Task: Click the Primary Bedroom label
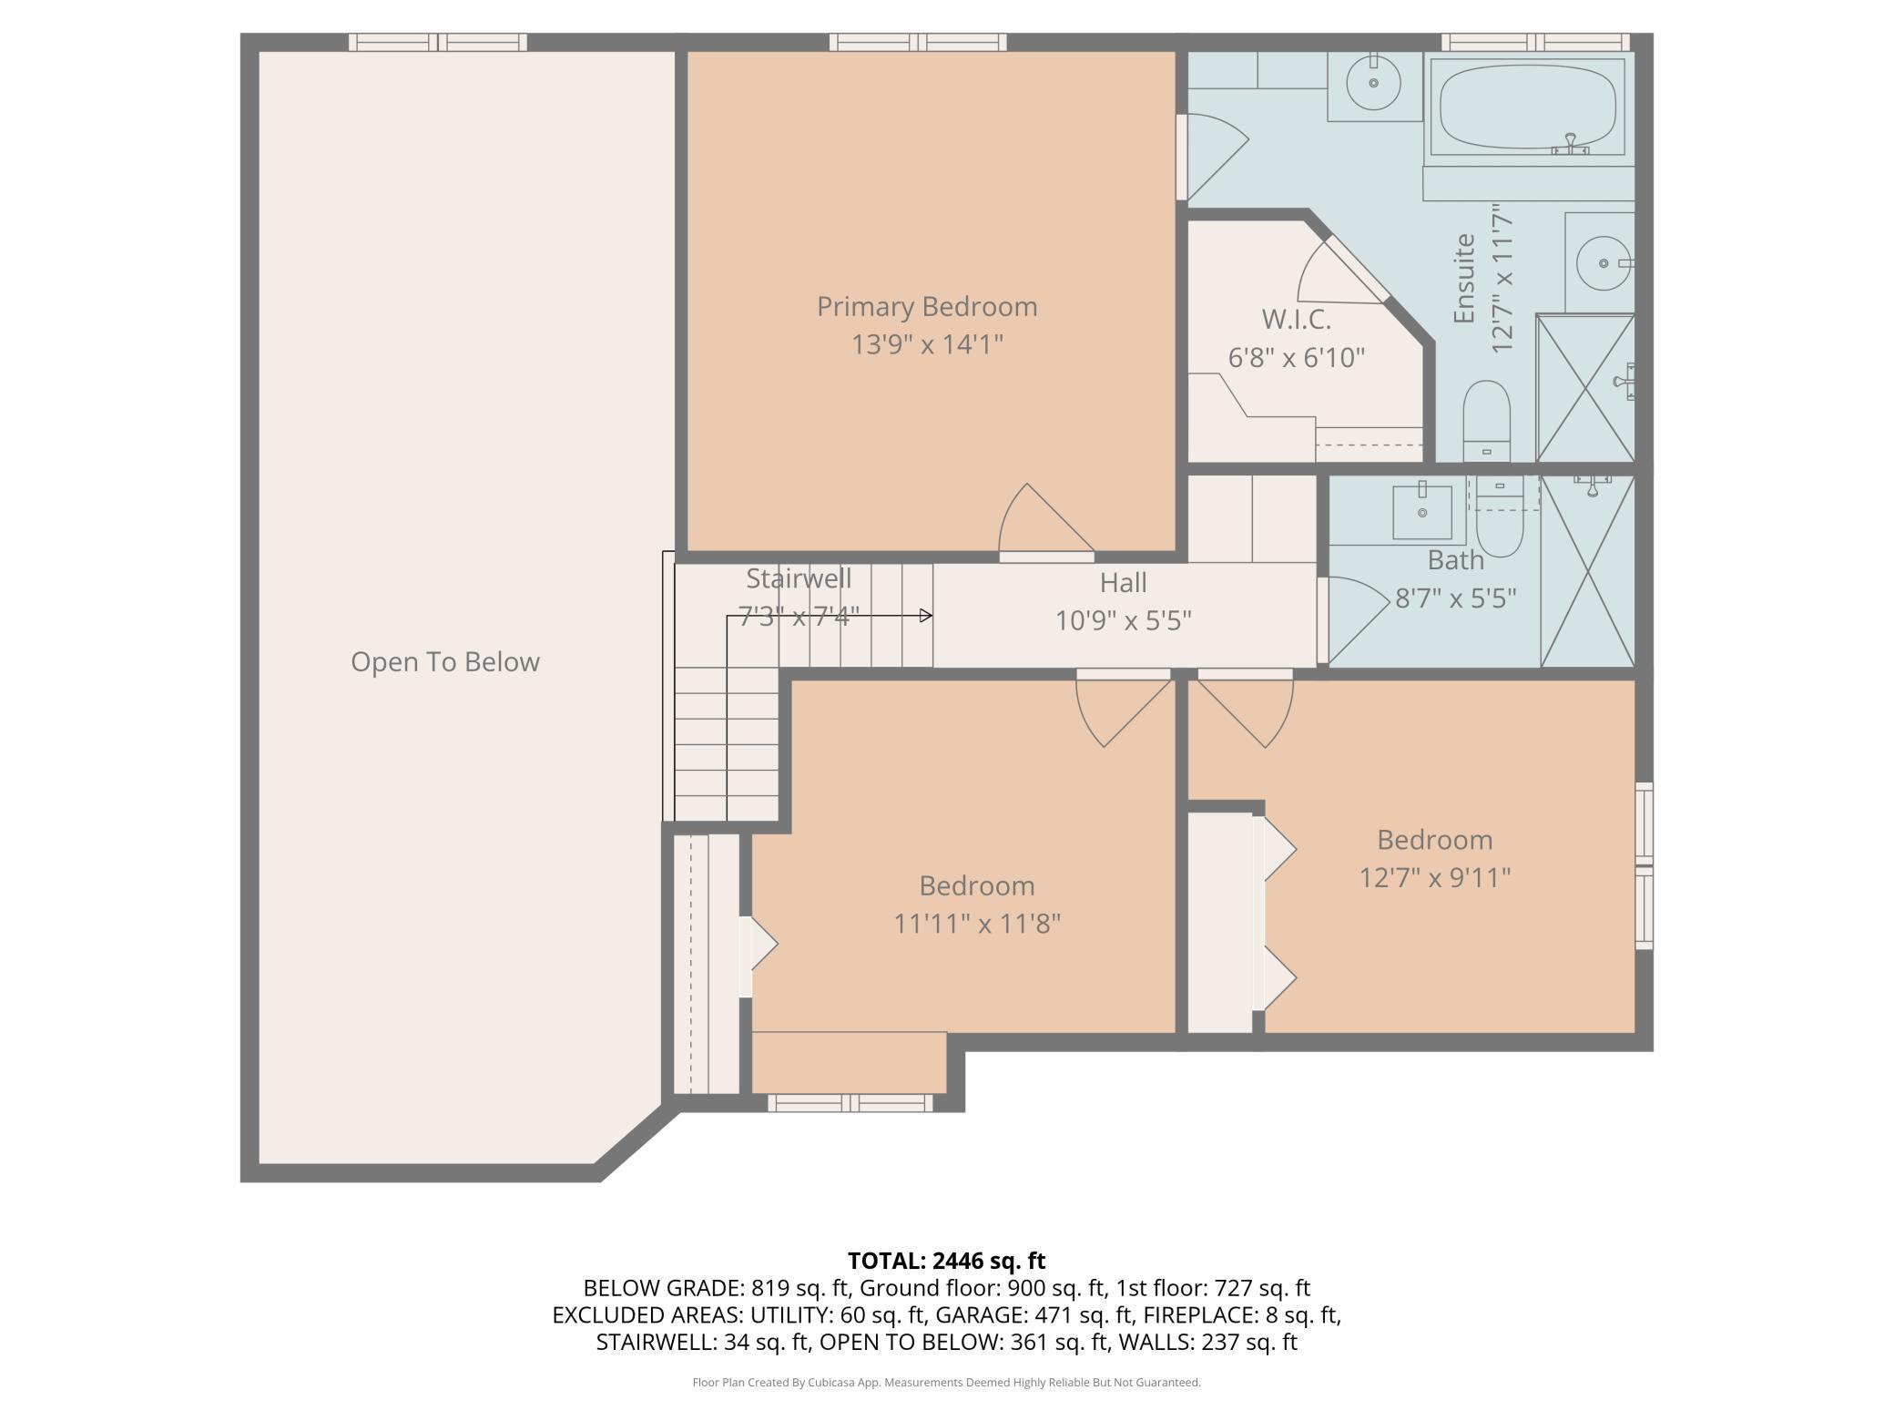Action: pos(927,307)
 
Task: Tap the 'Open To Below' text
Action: pos(445,662)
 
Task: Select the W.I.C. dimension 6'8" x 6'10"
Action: pos(1297,357)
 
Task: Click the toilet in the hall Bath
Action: pos(1499,517)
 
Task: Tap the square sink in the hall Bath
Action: pos(1421,511)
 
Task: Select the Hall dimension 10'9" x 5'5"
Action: pos(1123,620)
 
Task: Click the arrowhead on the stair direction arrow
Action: pos(926,616)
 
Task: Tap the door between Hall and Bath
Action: pos(1351,619)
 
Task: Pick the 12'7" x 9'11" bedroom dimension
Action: pos(1435,878)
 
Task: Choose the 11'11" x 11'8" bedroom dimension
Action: pos(977,924)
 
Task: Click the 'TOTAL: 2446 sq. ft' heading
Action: pos(946,1261)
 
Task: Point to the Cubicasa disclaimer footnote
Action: pos(946,1383)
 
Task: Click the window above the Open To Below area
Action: pos(438,42)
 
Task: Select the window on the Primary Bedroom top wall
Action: pos(918,42)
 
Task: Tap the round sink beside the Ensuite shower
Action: pos(1602,263)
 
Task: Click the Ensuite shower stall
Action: pos(1585,388)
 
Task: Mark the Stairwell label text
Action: pos(799,578)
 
